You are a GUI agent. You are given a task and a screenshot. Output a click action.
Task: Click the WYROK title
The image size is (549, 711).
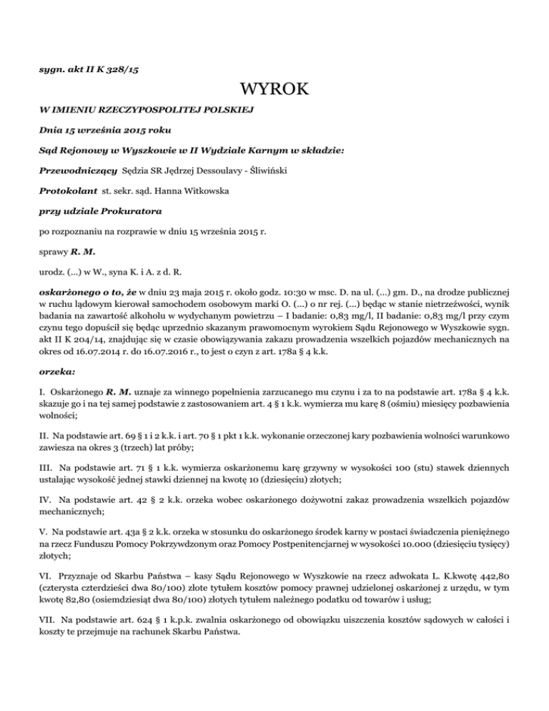[x=274, y=90]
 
